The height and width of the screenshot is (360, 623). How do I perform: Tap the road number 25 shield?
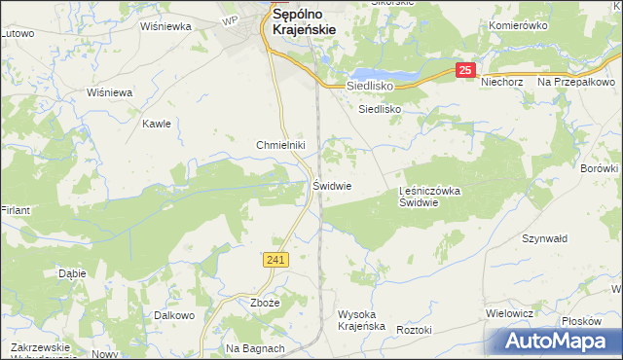click(x=466, y=70)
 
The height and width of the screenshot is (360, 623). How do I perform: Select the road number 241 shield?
click(x=275, y=259)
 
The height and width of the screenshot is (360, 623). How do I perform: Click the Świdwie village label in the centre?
click(x=332, y=185)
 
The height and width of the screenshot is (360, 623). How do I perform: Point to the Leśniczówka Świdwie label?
click(x=430, y=198)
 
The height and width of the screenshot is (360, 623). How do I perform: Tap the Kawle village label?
click(x=157, y=124)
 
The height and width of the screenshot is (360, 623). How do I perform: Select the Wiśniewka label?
click(x=165, y=27)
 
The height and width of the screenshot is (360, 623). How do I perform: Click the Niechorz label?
click(x=502, y=83)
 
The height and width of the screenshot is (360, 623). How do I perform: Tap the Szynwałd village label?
click(x=544, y=238)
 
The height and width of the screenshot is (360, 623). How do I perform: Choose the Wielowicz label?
click(x=509, y=313)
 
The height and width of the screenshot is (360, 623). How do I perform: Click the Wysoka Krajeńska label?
click(x=362, y=320)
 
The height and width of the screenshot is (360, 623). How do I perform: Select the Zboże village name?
click(x=265, y=303)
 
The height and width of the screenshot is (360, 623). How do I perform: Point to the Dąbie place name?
click(x=72, y=273)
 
